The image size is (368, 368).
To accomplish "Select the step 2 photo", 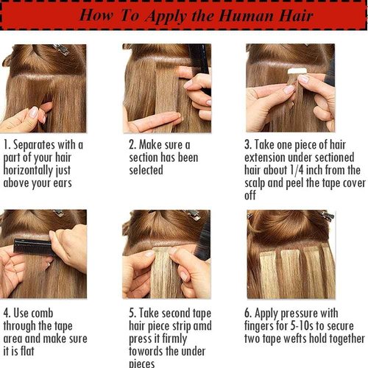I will coord(167,88).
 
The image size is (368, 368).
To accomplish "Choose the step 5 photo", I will coord(167,254).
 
